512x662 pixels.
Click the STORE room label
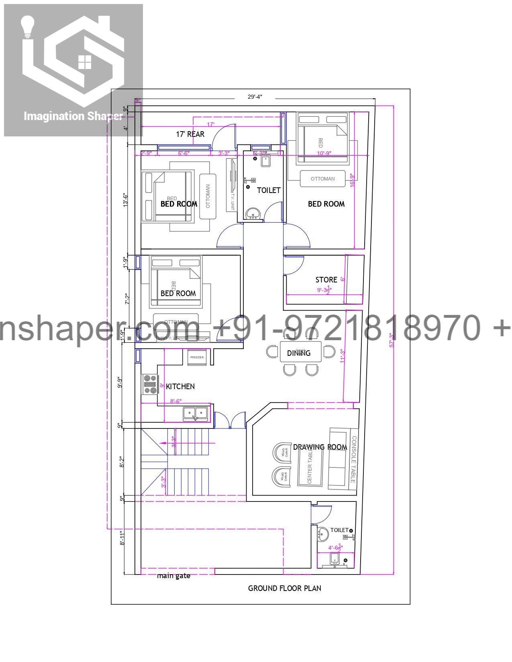pyautogui.click(x=326, y=280)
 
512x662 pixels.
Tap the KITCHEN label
pyautogui.click(x=180, y=386)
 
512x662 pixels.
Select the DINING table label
pyautogui.click(x=299, y=353)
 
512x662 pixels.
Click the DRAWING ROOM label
pyautogui.click(x=320, y=447)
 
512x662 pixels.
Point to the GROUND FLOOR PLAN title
pyautogui.click(x=284, y=588)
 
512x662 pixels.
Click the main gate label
pyautogui.click(x=173, y=576)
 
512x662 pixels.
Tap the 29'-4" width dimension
pyautogui.click(x=255, y=97)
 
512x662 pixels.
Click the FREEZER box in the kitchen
pyautogui.click(x=197, y=357)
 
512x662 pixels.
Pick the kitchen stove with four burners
pyautogui.click(x=150, y=384)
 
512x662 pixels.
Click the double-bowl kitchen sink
pyautogui.click(x=196, y=413)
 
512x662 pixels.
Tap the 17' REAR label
pyautogui.click(x=190, y=134)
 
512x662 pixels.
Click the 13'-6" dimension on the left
pyautogui.click(x=126, y=199)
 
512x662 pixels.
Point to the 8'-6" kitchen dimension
pyautogui.click(x=176, y=401)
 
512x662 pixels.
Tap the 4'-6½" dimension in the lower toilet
pyautogui.click(x=335, y=547)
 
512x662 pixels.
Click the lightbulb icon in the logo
pyautogui.click(x=28, y=26)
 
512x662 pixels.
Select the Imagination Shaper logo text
pyautogui.click(x=73, y=116)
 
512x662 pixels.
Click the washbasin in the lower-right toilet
pyautogui.click(x=323, y=534)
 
